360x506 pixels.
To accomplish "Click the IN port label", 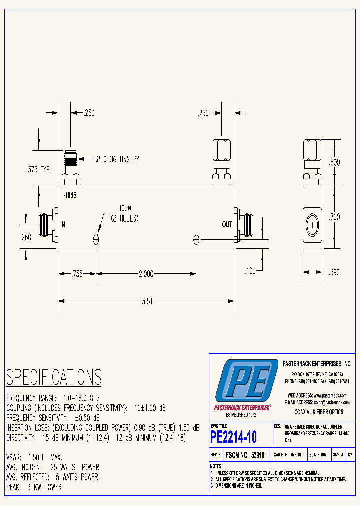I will tap(63, 225).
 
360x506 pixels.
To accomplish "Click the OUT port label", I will tap(227, 225).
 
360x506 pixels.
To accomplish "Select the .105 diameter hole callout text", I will tap(122, 213).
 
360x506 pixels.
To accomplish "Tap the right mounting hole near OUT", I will tap(196, 239).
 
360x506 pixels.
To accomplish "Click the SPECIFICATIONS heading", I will tap(54, 377).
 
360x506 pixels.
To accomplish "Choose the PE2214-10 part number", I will tap(234, 437).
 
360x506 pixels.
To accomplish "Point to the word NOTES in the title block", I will tap(216, 466).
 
